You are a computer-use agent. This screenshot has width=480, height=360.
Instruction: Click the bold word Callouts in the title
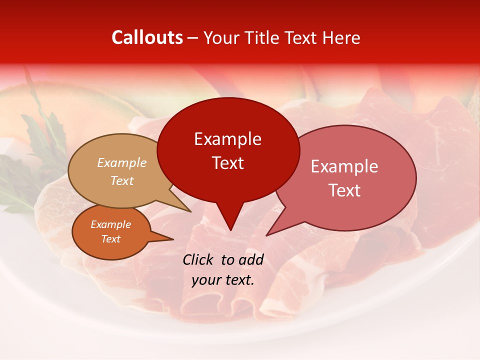[147, 37]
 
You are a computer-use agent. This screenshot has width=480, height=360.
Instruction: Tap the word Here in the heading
[341, 37]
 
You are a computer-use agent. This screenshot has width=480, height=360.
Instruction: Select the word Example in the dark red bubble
[227, 139]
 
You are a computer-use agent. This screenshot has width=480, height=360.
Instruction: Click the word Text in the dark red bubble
[227, 162]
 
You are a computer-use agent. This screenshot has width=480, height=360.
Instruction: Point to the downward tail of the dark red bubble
[230, 222]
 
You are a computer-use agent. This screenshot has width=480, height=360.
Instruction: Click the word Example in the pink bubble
[344, 166]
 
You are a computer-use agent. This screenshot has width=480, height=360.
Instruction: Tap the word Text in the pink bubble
[344, 190]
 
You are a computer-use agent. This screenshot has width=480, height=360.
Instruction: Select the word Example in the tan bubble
[122, 162]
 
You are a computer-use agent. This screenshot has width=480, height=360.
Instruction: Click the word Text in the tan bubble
[122, 180]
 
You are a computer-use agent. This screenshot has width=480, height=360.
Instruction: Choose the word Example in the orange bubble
[110, 224]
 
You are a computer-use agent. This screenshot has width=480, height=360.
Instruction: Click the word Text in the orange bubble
[110, 239]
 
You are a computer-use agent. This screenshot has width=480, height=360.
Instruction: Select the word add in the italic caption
[251, 259]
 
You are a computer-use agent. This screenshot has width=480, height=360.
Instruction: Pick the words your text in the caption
[223, 280]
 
